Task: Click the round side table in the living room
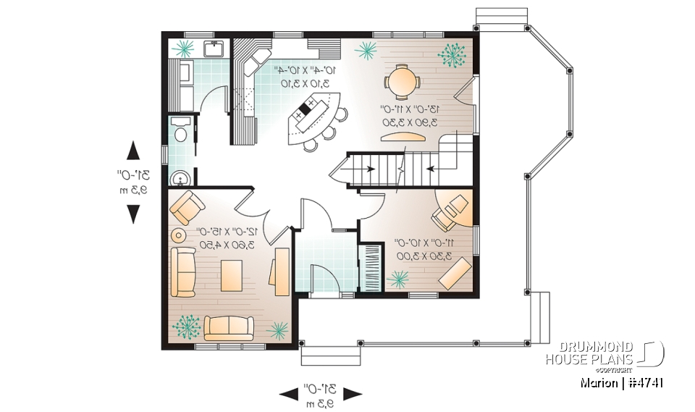[x=177, y=235]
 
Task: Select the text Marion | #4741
[x=623, y=381]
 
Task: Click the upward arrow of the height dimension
[x=134, y=150]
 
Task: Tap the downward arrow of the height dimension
[x=134, y=214]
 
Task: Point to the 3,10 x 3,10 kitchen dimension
[x=306, y=83]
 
